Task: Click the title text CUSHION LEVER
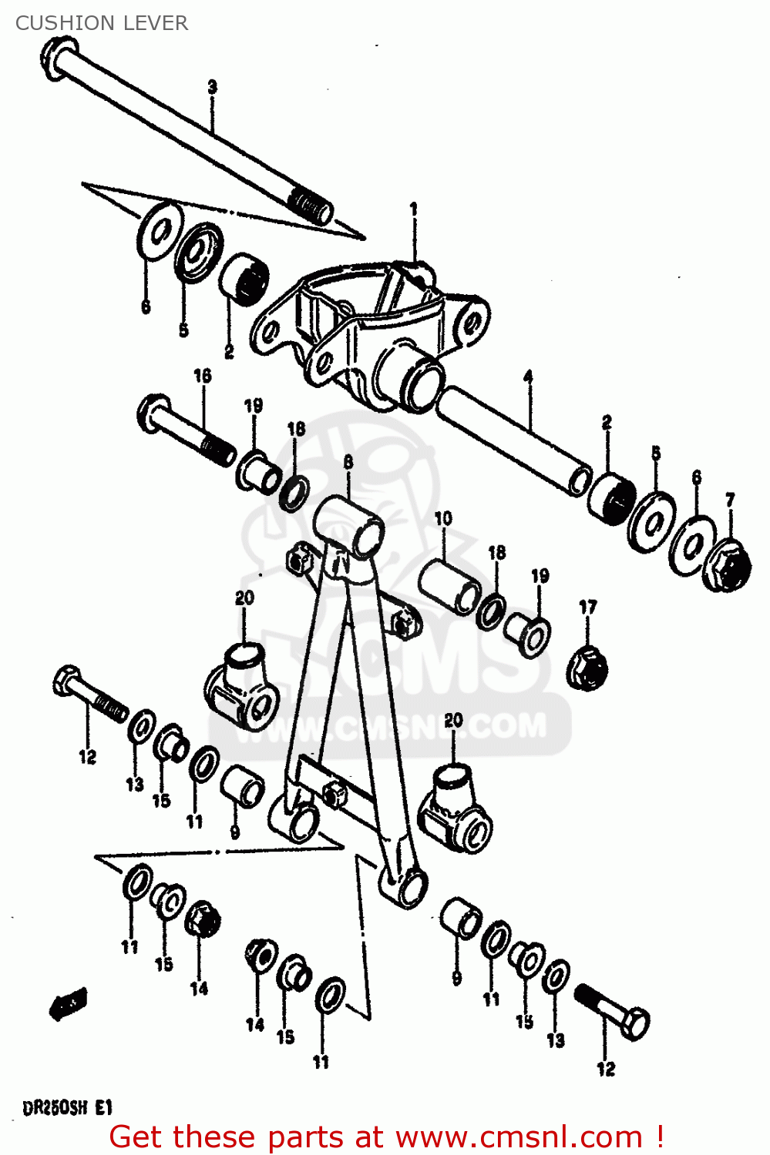coord(101,23)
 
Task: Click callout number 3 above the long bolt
coord(213,87)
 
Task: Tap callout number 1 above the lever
coord(414,209)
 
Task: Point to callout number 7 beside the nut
coord(730,500)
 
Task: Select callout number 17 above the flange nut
coord(588,608)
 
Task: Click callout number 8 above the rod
coord(348,462)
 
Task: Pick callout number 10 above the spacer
coord(443,519)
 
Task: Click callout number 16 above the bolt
coord(203,376)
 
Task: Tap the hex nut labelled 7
coord(728,566)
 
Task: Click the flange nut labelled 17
coord(587,668)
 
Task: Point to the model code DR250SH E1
coord(68,1109)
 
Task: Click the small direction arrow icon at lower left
coord(68,1004)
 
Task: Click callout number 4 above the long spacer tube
coord(529,377)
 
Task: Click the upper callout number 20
coord(244,598)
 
